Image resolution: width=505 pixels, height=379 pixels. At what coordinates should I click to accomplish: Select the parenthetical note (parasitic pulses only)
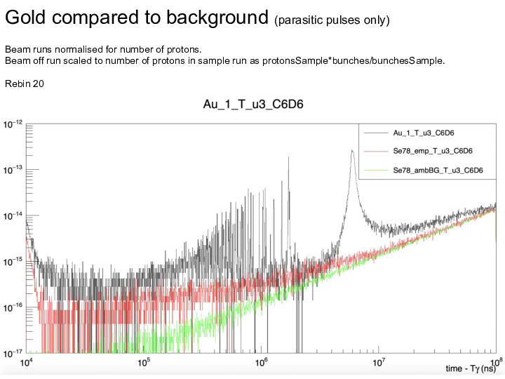[331, 20]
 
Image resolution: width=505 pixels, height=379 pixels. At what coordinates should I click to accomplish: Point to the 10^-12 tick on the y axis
[14, 124]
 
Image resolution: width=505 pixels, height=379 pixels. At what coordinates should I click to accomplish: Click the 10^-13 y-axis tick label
[14, 170]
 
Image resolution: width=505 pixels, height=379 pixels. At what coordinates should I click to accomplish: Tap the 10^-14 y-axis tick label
[14, 215]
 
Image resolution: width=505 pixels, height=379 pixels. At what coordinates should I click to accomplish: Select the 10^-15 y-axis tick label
[14, 262]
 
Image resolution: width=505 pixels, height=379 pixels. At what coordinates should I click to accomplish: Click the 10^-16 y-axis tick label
[14, 307]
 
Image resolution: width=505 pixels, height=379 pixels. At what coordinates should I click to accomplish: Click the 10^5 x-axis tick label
[144, 362]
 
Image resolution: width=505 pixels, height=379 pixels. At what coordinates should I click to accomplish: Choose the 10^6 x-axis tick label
[262, 362]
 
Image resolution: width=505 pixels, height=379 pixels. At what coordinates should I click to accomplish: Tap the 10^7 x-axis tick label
[379, 362]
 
